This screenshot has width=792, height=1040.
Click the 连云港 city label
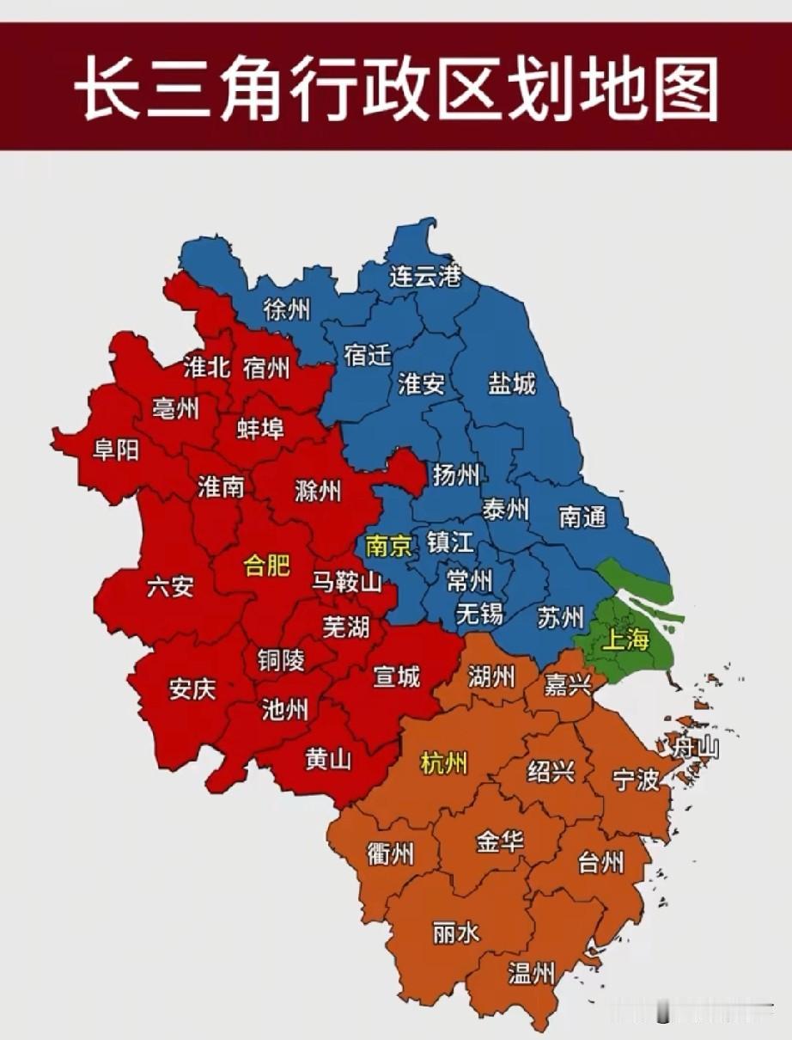425,277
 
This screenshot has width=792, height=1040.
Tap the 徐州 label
287,309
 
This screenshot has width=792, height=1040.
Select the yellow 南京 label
389,546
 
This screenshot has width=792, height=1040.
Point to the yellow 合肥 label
267,565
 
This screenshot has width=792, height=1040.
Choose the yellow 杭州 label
443,762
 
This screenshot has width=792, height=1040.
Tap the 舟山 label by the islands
695,748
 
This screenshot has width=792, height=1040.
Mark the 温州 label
531,974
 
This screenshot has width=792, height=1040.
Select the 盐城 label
512,383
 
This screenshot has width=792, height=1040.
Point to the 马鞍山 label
346,583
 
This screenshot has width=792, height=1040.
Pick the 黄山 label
328,760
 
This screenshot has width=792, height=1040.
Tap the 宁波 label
636,780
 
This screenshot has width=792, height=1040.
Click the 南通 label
582,517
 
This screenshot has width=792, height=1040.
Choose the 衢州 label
390,854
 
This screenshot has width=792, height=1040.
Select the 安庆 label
192,689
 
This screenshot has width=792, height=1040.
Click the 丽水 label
456,932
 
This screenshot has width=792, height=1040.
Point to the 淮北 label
207,367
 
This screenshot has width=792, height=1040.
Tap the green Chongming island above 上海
636,577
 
